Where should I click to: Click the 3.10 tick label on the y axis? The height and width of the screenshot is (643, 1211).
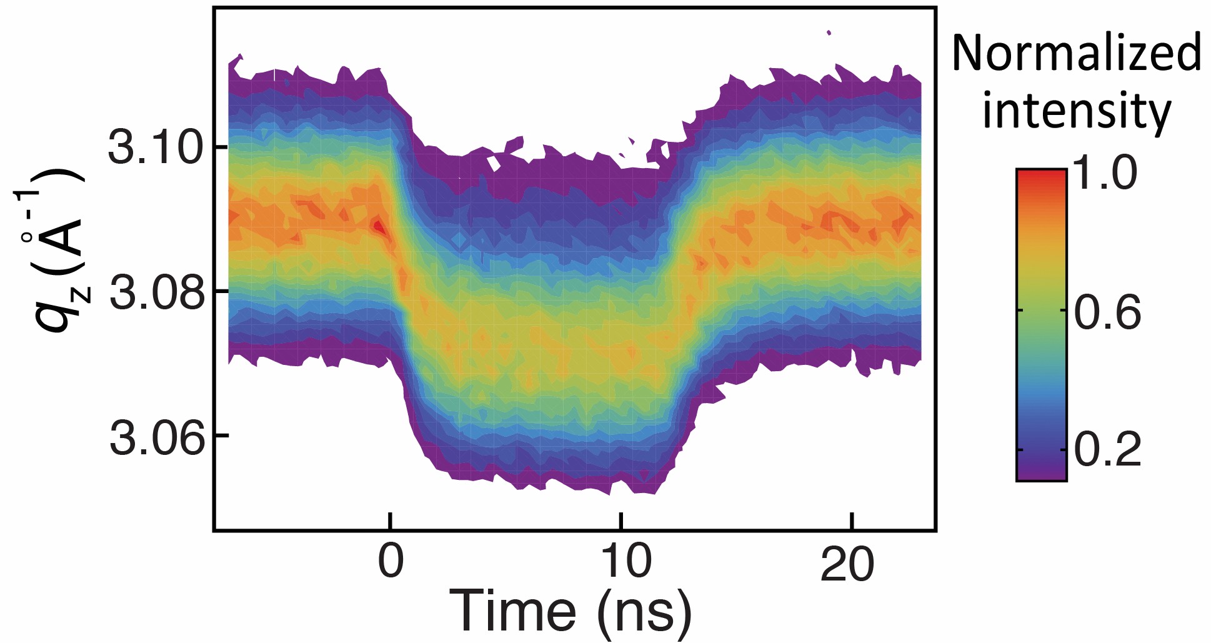[x=156, y=147]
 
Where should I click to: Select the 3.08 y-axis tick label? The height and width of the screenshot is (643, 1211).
[x=156, y=292]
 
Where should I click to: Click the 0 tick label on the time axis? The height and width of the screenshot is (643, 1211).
[x=391, y=561]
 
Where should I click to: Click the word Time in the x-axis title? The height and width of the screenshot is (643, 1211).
[x=513, y=610]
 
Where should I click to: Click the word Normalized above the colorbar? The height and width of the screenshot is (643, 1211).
[x=1076, y=52]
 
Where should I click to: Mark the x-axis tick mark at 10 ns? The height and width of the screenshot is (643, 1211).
[x=620, y=521]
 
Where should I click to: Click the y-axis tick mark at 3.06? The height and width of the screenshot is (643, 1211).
[x=221, y=435]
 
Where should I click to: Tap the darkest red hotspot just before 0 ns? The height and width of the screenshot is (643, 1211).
[x=378, y=226]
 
